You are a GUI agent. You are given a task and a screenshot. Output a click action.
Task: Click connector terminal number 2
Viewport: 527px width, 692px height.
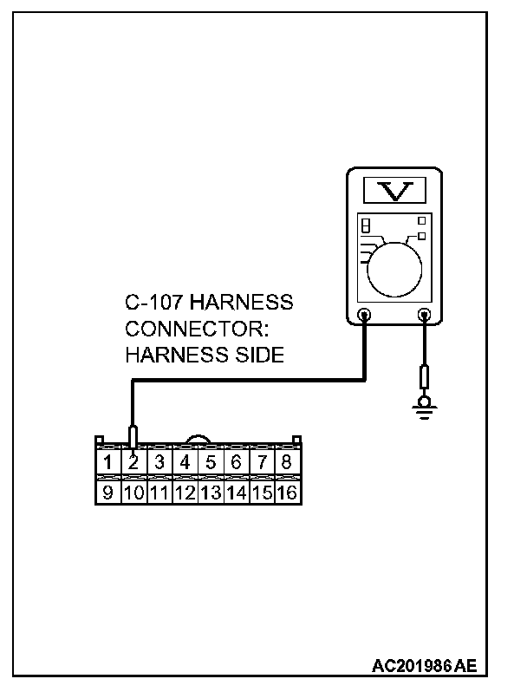click(133, 462)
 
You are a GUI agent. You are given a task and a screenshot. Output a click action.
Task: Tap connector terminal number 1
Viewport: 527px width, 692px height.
click(107, 462)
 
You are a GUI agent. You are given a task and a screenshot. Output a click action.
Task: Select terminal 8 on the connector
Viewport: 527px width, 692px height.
click(286, 462)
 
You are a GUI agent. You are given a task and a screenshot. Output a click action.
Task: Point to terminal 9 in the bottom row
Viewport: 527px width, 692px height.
click(107, 493)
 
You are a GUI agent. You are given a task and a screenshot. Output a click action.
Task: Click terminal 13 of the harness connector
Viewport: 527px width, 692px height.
click(210, 493)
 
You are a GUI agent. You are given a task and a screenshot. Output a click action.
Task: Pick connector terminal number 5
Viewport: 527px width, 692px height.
click(210, 462)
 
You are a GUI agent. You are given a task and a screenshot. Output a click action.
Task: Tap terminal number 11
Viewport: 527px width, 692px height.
click(159, 493)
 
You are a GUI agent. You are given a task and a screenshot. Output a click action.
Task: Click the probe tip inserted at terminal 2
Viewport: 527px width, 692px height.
click(133, 435)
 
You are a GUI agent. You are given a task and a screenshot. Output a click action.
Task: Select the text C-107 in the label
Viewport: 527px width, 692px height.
click(154, 304)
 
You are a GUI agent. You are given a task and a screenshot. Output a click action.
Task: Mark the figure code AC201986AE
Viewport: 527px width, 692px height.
click(424, 666)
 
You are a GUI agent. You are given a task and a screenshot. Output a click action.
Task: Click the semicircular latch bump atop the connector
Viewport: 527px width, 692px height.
click(197, 441)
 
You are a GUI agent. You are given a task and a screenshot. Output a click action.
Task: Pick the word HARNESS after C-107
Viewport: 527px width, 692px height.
click(241, 304)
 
